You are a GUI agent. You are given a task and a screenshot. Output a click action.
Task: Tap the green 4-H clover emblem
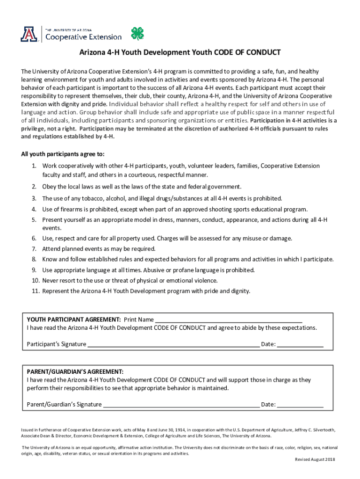(137, 34)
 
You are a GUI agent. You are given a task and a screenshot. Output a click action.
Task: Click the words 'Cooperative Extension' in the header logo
(83, 36)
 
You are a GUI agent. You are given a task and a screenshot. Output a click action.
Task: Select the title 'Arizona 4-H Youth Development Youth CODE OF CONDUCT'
(180, 52)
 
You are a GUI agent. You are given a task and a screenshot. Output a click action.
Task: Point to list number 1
(34, 166)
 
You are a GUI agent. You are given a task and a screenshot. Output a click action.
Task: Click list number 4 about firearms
(34, 209)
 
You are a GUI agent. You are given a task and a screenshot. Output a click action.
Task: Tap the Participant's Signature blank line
(173, 345)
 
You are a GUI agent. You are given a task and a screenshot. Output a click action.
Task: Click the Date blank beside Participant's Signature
(300, 345)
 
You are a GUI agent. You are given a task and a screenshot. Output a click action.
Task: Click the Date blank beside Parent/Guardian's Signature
(300, 405)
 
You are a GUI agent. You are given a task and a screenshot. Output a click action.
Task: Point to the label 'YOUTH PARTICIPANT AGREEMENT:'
(74, 319)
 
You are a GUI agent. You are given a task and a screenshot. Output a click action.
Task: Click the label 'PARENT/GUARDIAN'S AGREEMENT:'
(75, 371)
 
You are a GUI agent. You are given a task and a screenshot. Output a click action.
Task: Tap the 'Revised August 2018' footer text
(315, 459)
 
